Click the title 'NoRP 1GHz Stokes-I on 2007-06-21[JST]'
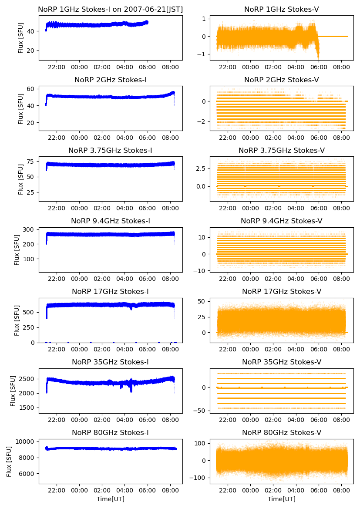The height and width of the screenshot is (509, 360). (111, 9)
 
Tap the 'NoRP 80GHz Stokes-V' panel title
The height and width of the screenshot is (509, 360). (281, 432)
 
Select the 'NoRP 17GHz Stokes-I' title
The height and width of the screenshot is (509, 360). (111, 291)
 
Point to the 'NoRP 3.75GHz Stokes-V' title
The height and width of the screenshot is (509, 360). (281, 150)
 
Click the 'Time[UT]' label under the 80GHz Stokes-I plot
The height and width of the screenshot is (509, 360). (111, 499)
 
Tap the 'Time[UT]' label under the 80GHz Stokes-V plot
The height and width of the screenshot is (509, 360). (281, 499)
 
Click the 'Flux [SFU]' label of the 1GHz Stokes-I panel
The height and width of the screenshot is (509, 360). (21, 37)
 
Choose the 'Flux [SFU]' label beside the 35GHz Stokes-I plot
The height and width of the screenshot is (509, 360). (13, 391)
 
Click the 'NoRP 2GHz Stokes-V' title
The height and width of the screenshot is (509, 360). (281, 80)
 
